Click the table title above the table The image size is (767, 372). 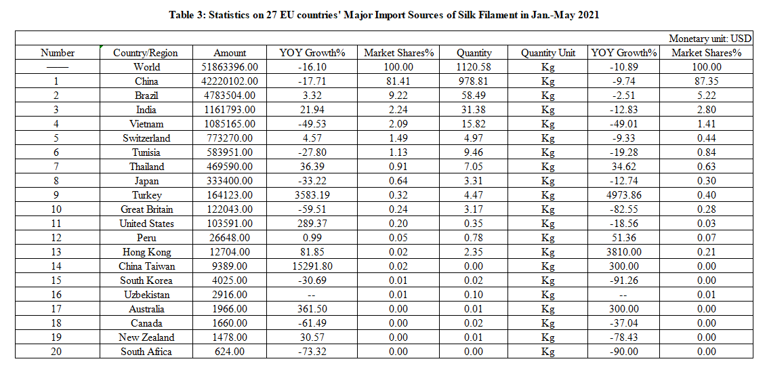pos(383,15)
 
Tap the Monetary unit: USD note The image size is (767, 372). pos(710,39)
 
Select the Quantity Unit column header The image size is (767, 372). pos(547,53)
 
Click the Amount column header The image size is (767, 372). pos(230,53)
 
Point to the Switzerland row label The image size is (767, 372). pos(147,138)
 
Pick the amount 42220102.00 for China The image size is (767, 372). pos(230,81)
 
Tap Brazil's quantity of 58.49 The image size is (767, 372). pos(474,96)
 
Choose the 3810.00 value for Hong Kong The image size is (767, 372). pos(623,252)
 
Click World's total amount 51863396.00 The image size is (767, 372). pos(230,67)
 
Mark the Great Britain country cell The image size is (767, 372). pos(147,209)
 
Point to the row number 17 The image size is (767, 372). pos(58,309)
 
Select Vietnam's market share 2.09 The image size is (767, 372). pos(398,124)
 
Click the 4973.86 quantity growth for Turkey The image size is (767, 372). pos(623,195)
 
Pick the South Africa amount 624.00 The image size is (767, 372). pos(230,352)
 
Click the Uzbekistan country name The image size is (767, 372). pos(147,295)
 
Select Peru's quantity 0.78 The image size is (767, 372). pos(474,238)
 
